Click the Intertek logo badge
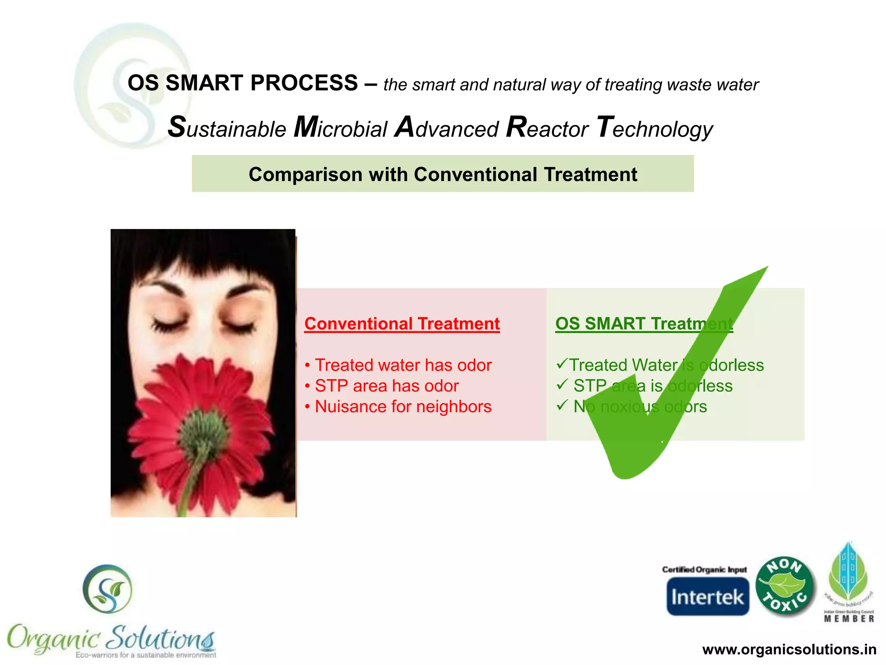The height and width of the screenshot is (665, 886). click(707, 596)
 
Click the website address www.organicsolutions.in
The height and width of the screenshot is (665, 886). click(789, 649)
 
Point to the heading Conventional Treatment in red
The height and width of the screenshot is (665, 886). click(402, 324)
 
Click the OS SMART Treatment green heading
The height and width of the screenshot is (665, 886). click(644, 324)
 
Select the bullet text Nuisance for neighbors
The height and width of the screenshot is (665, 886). click(403, 407)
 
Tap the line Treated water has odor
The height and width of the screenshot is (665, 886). click(403, 365)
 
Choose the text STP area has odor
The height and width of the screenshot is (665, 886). click(386, 386)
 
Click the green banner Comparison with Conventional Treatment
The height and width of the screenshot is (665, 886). click(443, 174)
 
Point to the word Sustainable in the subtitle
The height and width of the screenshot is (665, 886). click(227, 128)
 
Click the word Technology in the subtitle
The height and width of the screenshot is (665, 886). click(655, 128)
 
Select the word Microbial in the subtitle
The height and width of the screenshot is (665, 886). click(340, 128)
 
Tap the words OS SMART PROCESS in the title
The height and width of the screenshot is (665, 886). click(243, 83)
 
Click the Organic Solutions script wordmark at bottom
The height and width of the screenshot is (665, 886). click(111, 637)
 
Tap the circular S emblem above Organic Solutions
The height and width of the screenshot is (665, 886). click(107, 589)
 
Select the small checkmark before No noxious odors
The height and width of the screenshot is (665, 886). click(562, 405)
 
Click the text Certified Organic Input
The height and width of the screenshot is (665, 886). click(704, 569)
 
